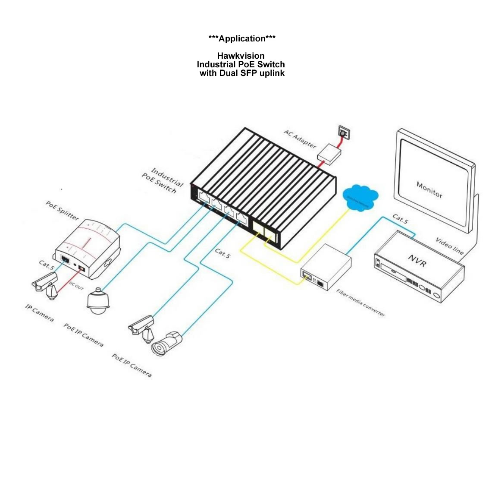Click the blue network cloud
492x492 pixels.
click(x=360, y=198)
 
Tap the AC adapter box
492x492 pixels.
click(x=330, y=153)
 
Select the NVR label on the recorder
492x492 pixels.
click(x=417, y=260)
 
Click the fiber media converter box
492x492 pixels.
click(x=326, y=267)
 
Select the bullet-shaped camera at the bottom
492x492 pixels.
click(x=167, y=344)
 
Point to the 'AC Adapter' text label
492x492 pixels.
click(x=300, y=138)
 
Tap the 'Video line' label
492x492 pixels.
click(x=449, y=245)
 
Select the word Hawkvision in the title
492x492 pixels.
click(x=241, y=56)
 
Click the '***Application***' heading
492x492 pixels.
click(x=242, y=39)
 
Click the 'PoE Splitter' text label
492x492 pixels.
click(x=62, y=210)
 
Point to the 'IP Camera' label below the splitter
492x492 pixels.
click(x=39, y=312)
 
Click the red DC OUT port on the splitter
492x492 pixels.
click(x=81, y=268)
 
